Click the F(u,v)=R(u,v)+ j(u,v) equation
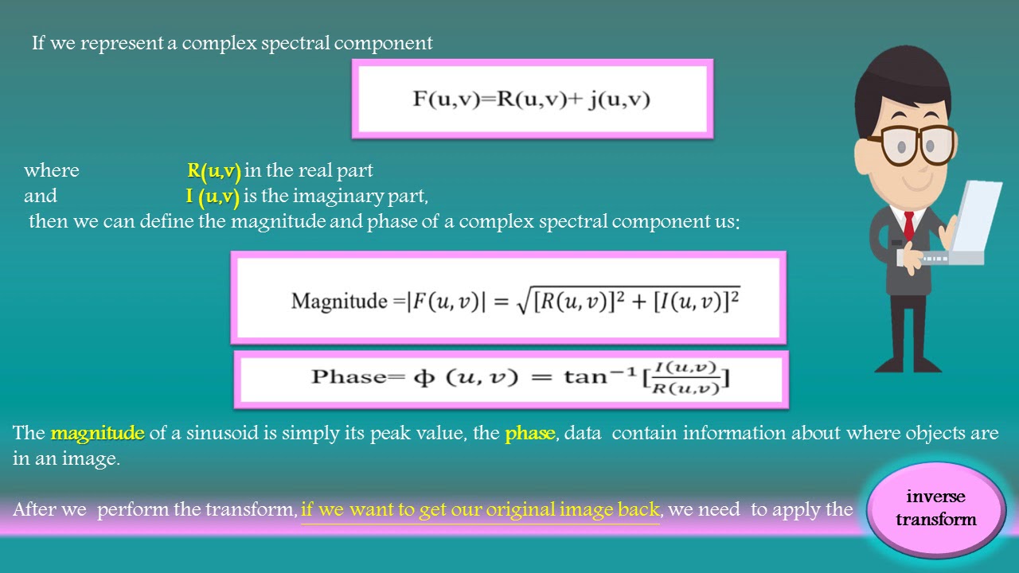(x=531, y=99)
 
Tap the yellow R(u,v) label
(x=214, y=171)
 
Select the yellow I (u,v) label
(x=213, y=197)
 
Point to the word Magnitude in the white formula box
(x=338, y=301)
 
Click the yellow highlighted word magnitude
(x=97, y=434)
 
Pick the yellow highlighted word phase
(x=529, y=434)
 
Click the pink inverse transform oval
(x=935, y=509)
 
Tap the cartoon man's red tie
(x=908, y=225)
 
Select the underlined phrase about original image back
(x=480, y=509)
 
